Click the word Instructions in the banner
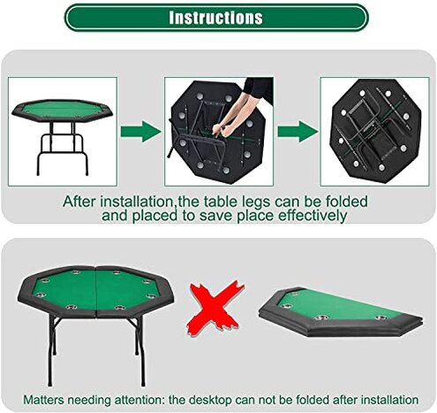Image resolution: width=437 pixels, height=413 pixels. point(215,18)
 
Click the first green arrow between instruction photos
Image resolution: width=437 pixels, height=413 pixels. point(135,133)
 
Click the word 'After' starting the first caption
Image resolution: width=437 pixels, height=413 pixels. point(79,201)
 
